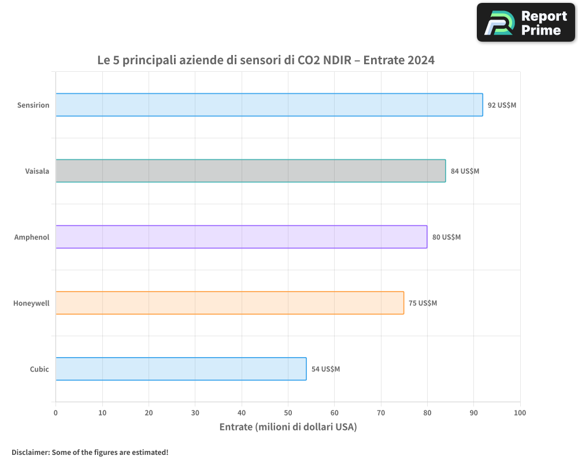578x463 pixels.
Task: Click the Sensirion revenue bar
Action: click(269, 105)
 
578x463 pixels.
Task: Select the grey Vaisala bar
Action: click(250, 171)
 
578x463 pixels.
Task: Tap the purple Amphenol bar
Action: click(241, 237)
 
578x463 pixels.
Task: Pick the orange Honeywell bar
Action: click(229, 303)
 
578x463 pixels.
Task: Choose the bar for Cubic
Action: click(181, 369)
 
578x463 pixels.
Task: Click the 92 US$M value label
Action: click(502, 105)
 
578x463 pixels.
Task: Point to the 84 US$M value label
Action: click(465, 171)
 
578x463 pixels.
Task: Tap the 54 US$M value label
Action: click(326, 369)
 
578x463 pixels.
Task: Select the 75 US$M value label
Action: click(423, 303)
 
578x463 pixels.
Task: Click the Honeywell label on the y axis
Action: click(31, 303)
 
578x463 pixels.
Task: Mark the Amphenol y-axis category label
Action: click(32, 237)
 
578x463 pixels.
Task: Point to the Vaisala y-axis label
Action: click(37, 171)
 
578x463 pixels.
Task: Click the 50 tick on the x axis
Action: click(288, 413)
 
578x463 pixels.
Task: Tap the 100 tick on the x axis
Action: click(520, 413)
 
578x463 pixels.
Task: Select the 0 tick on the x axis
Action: click(55, 413)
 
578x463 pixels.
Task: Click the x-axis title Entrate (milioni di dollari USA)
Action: click(288, 427)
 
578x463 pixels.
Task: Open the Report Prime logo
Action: click(526, 23)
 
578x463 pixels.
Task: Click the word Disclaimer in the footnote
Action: click(29, 452)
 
